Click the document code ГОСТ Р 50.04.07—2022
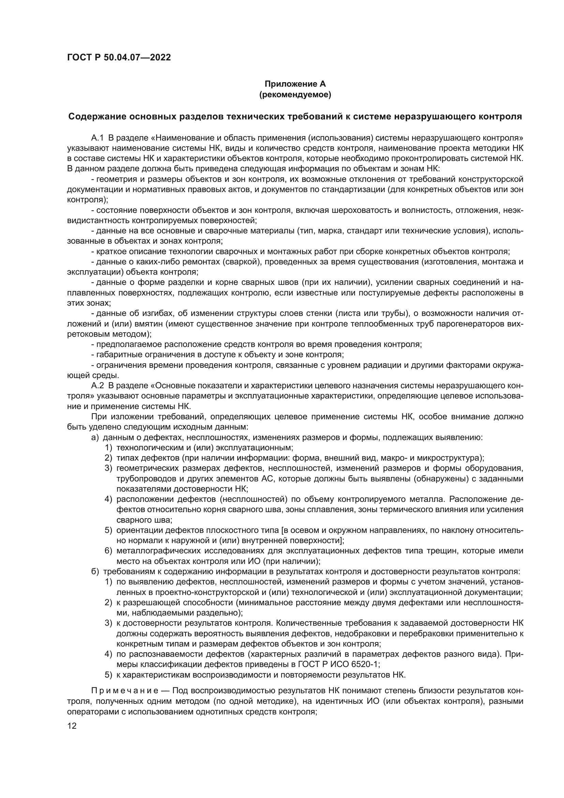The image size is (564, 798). (x=119, y=58)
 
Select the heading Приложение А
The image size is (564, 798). (x=295, y=84)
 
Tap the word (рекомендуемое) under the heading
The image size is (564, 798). (x=295, y=95)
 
